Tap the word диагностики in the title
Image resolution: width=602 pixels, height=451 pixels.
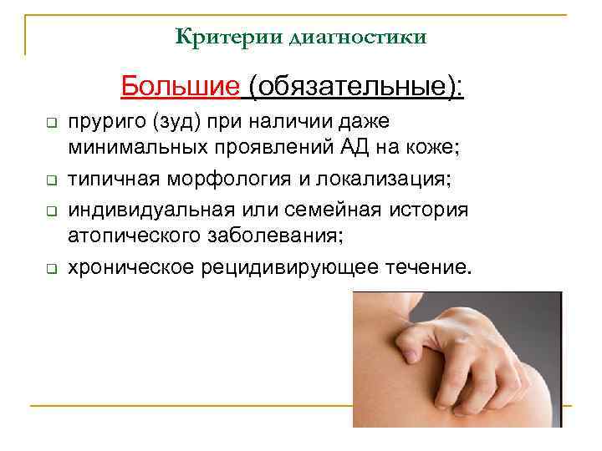tap(357, 38)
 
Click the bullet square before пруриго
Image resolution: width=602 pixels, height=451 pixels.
tap(49, 124)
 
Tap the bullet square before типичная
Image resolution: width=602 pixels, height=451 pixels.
tap(49, 180)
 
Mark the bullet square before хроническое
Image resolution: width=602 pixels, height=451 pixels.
tap(49, 268)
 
